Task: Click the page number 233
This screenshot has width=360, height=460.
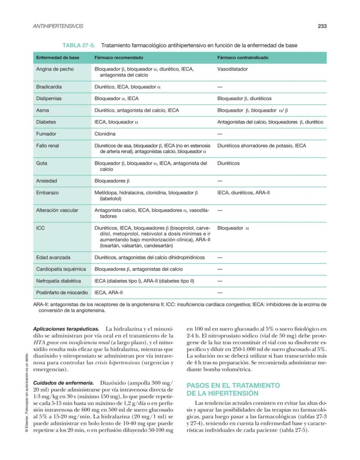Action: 322,26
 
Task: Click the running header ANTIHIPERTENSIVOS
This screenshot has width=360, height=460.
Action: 58,26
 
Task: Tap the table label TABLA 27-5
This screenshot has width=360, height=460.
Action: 79,45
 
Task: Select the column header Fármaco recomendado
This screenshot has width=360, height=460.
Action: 119,57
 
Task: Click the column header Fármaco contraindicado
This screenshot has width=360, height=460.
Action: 243,57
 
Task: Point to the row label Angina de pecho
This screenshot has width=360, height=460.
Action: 55,69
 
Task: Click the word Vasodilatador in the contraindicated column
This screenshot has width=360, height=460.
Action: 233,69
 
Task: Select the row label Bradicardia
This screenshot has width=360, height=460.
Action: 49,87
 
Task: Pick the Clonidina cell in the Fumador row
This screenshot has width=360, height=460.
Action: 105,134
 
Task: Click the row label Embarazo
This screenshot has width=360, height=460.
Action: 47,192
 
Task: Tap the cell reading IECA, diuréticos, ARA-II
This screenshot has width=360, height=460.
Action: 243,192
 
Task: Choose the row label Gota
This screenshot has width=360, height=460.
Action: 42,163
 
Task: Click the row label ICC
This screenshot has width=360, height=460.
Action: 40,228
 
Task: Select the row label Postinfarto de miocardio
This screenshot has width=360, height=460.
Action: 62,293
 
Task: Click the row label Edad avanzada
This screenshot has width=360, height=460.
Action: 53,257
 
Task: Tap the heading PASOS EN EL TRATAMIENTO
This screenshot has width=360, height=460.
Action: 233,386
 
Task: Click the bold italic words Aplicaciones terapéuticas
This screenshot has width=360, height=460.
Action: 66,329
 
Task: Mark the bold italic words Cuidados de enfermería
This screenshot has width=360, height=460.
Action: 63,383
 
